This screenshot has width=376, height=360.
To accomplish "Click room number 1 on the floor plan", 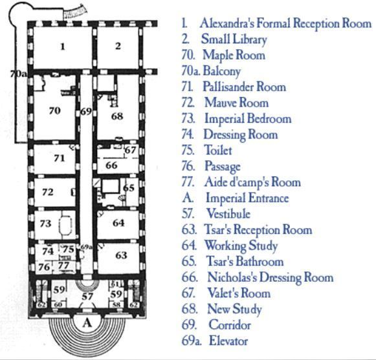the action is point(63,47).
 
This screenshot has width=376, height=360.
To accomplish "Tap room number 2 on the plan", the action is point(118,46).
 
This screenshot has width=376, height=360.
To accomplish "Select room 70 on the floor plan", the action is point(54,111).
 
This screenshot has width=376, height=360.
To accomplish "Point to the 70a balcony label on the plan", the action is point(19,74).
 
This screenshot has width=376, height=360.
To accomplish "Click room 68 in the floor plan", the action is point(117,116).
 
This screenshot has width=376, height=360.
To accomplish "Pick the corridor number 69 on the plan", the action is point(86,111).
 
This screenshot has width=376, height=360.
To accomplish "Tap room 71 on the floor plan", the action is point(60,158).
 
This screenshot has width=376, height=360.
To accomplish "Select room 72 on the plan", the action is point(47,192).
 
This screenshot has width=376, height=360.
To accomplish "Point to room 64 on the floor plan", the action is point(118,223).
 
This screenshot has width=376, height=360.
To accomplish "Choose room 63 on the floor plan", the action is point(121,255).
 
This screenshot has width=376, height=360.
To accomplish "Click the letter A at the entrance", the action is point(87,323).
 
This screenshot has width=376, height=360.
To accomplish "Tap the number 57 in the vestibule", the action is point(87,297).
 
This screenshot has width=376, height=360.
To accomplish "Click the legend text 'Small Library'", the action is point(234,39).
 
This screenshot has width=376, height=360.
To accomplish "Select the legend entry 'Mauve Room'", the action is point(236,103).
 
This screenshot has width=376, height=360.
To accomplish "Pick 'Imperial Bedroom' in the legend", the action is point(248,119).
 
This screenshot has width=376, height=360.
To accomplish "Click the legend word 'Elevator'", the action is point(228,341).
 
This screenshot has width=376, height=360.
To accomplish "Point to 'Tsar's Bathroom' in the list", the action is point(245,261).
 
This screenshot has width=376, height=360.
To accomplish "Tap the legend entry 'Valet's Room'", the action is point(239,293).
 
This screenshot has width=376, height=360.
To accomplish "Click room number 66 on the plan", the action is point(111,165).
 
